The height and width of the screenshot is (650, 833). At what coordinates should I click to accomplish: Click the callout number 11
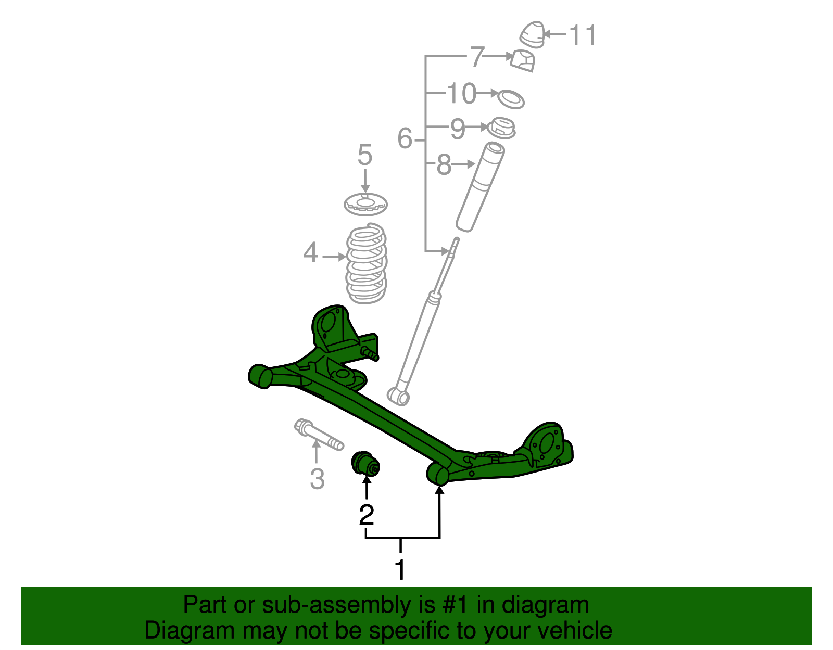(x=583, y=35)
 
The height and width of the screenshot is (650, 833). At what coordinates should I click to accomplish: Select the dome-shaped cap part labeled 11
(x=533, y=34)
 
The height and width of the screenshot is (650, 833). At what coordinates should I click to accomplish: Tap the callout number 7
(x=477, y=57)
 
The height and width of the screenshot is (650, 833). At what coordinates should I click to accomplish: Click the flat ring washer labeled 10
(x=510, y=98)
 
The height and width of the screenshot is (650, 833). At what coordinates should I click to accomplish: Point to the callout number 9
(x=457, y=129)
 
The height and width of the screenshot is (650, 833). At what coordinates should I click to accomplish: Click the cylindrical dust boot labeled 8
(x=480, y=187)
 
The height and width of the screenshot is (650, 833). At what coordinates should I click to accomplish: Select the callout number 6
(x=405, y=139)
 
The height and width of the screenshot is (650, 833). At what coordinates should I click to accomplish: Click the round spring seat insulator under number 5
(x=365, y=203)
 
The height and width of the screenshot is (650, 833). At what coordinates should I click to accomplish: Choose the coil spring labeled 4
(x=367, y=264)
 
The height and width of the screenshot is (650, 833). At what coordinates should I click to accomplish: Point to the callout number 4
(x=310, y=253)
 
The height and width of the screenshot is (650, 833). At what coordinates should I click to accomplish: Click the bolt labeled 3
(x=318, y=434)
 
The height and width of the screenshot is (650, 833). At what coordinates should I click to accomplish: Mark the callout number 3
(x=317, y=478)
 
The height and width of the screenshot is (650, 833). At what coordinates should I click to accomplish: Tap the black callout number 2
(x=367, y=515)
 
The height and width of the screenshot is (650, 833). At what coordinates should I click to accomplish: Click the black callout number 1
(x=400, y=570)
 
